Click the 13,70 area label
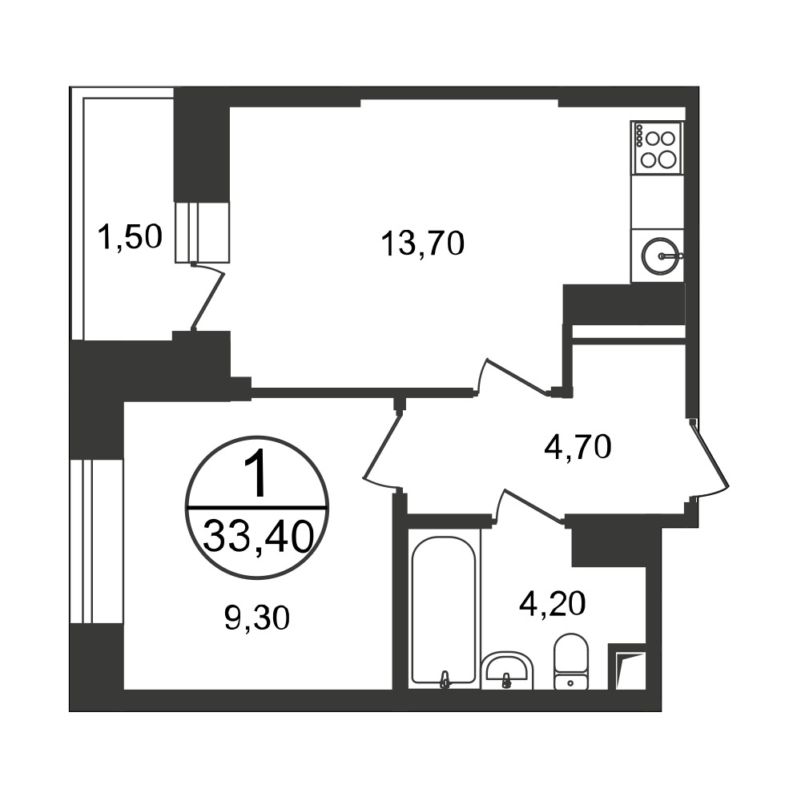pos(422,244)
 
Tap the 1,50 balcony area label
pos(131,237)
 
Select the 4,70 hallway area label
pos(578,448)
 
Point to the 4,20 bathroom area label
pos(552,604)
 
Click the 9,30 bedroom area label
pos(257,618)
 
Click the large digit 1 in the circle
pos(256,475)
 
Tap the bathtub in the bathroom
pos(444,610)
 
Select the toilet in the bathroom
pos(571,661)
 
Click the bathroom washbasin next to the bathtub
pos(507,670)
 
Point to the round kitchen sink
pos(660,256)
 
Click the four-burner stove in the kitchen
pos(657,149)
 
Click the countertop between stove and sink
pos(657,203)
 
